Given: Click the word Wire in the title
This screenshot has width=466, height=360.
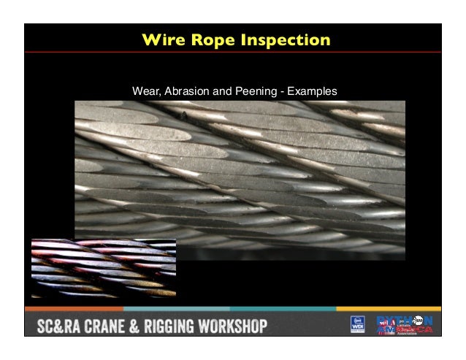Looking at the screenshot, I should pyautogui.click(x=164, y=39).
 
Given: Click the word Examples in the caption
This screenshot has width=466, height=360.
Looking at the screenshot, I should pyautogui.click(x=311, y=92).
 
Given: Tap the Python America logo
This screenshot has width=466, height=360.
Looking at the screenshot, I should pyautogui.click(x=405, y=325).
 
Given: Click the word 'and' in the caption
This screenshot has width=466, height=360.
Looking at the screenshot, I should pyautogui.click(x=221, y=92).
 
